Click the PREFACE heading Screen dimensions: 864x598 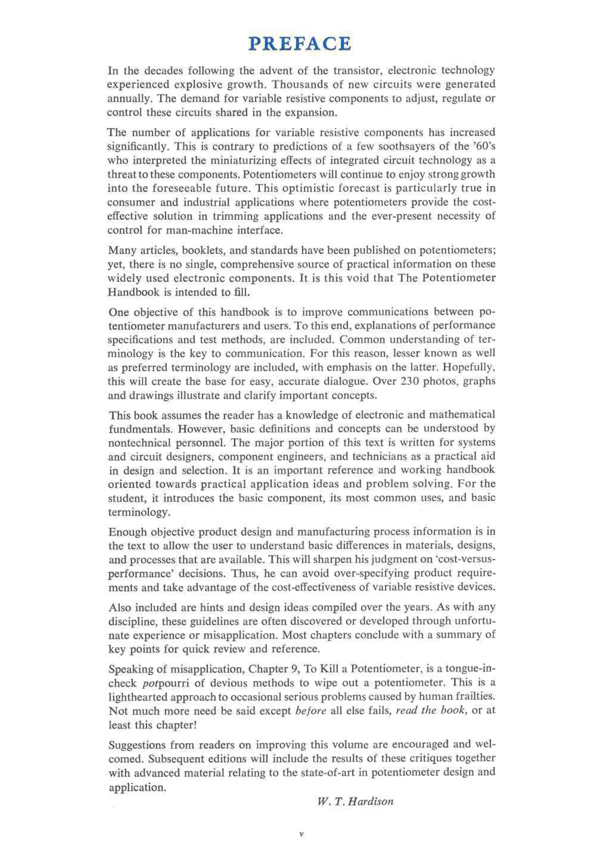point(300,44)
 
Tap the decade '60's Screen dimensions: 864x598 point(483,146)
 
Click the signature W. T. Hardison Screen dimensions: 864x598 point(355,801)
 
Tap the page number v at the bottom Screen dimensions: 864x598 point(301,834)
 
